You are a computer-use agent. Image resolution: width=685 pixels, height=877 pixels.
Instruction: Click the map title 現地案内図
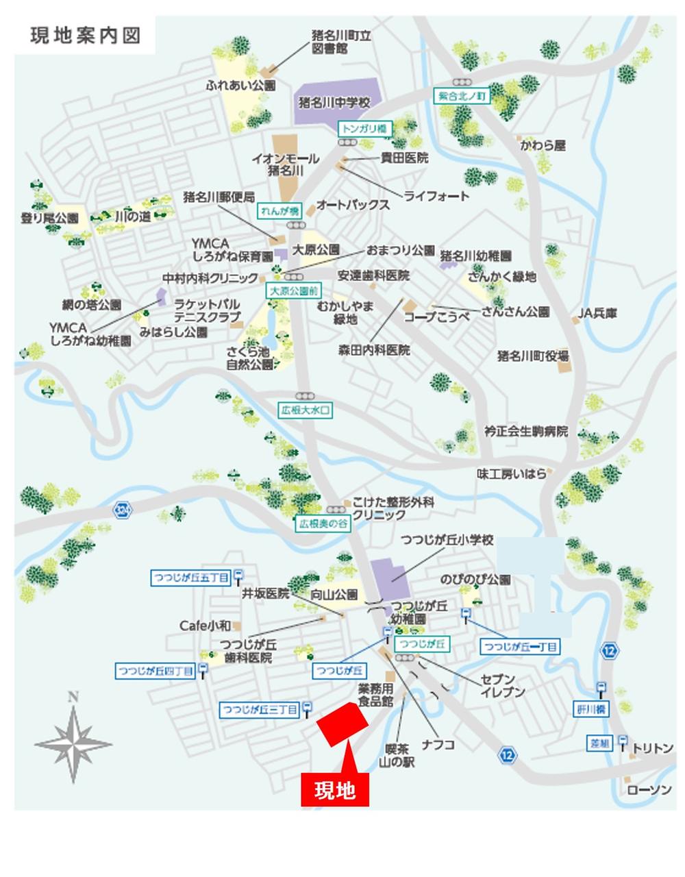85,36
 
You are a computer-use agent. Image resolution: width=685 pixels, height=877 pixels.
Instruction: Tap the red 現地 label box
335,790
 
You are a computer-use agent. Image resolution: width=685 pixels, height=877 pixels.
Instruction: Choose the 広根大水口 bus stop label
306,411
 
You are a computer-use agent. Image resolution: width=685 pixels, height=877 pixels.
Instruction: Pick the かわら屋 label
543,146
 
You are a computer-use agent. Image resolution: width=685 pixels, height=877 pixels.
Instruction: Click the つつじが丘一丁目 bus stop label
521,646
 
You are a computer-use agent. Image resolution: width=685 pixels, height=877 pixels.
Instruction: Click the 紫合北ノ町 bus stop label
462,97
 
